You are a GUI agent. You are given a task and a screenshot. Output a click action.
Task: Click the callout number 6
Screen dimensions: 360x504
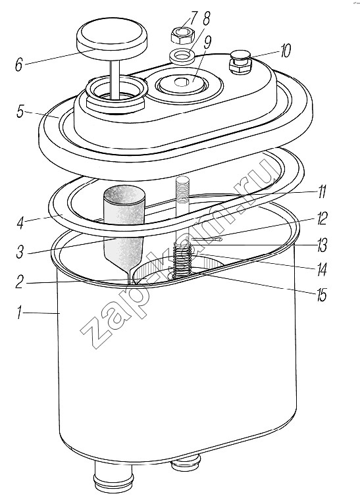click(19, 64)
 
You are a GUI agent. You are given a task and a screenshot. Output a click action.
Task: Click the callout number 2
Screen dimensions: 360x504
click(20, 282)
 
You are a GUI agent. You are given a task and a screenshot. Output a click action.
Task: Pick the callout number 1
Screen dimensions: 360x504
click(20, 313)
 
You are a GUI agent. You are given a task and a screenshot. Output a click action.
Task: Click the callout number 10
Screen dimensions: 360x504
click(286, 51)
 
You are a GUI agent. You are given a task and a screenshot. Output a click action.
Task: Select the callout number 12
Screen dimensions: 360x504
click(321, 218)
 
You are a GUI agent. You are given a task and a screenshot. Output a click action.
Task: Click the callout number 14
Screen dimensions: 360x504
click(321, 269)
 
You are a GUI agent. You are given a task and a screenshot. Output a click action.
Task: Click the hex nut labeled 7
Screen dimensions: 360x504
click(182, 36)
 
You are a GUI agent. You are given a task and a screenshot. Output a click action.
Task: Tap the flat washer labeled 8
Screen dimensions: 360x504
click(182, 55)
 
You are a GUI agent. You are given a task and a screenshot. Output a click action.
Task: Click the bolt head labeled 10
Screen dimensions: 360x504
click(240, 63)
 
